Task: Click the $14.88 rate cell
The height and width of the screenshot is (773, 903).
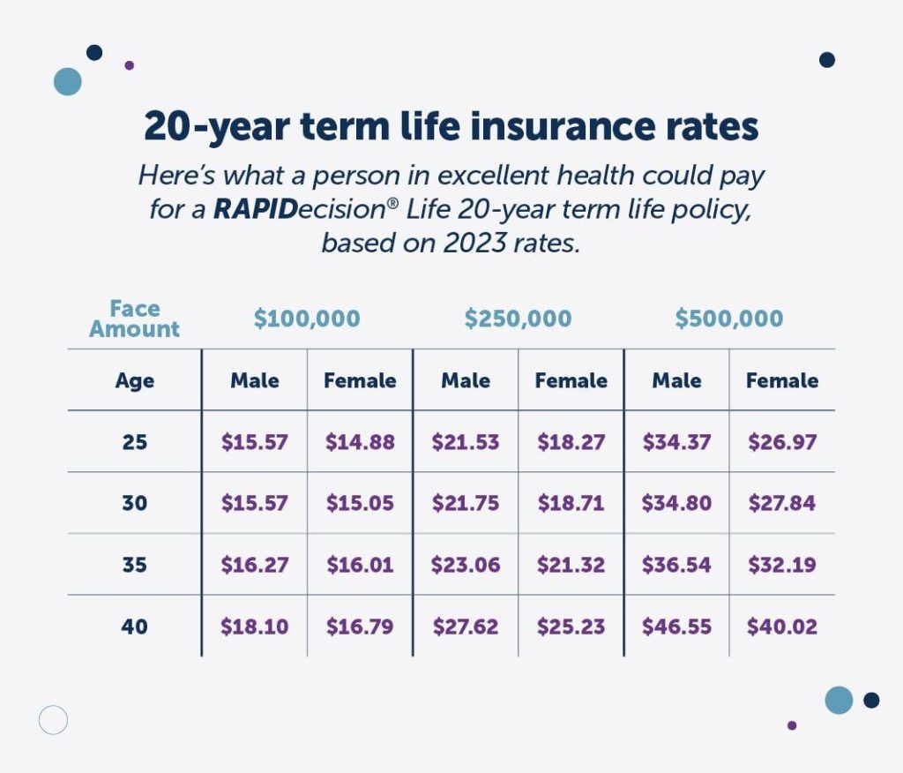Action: coord(360,441)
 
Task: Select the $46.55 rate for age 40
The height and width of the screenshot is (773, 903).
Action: coord(676,627)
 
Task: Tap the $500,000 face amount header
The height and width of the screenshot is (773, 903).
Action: coord(728,319)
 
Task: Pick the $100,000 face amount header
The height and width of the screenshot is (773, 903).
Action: coord(307,319)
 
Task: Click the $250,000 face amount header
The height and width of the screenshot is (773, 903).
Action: coord(518,319)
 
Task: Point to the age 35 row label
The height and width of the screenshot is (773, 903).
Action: coord(135,565)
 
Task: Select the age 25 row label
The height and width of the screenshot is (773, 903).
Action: coord(135,441)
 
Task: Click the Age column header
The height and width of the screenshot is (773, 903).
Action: coord(135,380)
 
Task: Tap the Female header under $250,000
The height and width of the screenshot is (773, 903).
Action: coord(571,380)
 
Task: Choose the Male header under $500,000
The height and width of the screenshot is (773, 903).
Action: coord(676,380)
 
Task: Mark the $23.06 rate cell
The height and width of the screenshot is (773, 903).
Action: coord(465,565)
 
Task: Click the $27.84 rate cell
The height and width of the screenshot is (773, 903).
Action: coord(781,503)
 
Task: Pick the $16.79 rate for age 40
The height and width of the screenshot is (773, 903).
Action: coord(360,627)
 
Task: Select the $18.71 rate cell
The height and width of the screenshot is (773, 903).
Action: coord(571,503)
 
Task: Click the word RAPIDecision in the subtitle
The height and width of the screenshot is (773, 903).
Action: coord(285,209)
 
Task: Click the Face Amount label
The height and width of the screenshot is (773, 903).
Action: coord(135,319)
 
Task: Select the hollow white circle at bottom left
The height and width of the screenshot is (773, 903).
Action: coord(53,720)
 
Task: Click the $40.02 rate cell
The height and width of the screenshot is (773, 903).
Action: coord(781,627)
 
